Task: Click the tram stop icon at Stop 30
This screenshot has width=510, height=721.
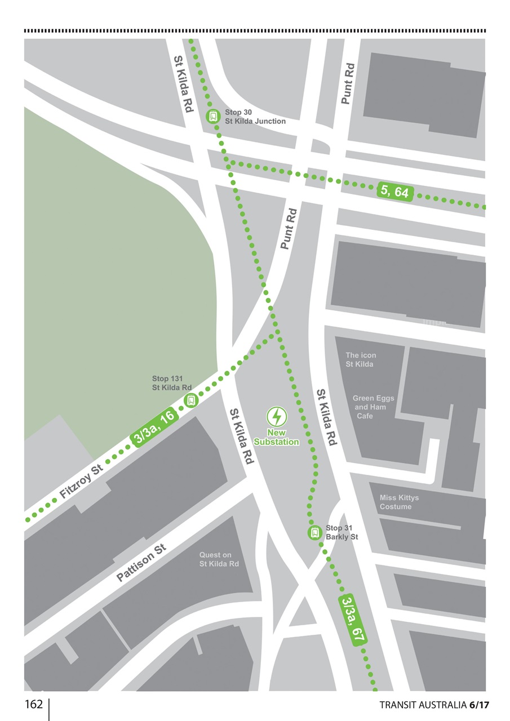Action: pos(214,117)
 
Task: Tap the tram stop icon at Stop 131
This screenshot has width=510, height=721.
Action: pos(192,400)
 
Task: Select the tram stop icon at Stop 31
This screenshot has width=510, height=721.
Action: pos(314,532)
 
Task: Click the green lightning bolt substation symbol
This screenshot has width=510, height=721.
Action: pos(276,417)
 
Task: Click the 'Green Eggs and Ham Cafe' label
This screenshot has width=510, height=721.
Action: pos(373,407)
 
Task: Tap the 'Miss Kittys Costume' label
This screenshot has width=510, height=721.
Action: pos(399,502)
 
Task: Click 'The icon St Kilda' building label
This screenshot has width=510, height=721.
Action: pos(361,360)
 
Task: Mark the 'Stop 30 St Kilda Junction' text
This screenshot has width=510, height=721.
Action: pos(255,117)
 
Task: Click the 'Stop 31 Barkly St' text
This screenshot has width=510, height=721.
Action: pos(342,533)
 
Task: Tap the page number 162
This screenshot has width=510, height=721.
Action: pos(33,705)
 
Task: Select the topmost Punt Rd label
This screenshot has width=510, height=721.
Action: pos(348,83)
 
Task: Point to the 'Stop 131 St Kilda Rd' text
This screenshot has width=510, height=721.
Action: pos(171,383)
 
